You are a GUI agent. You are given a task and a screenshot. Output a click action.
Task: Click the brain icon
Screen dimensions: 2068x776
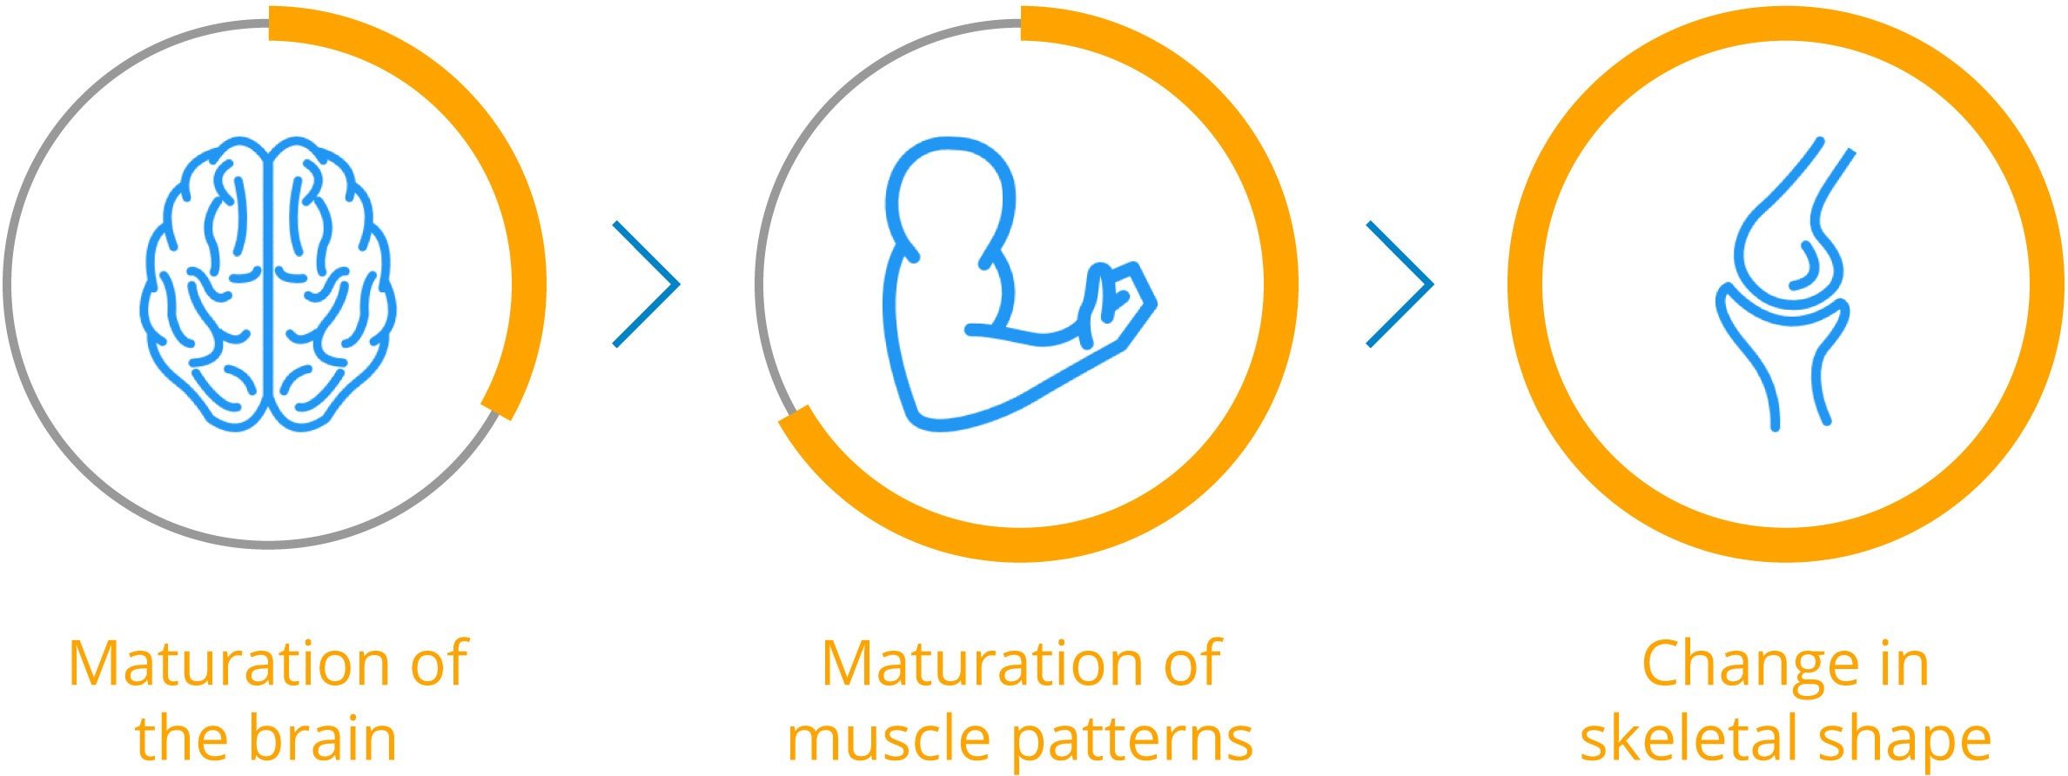tap(268, 284)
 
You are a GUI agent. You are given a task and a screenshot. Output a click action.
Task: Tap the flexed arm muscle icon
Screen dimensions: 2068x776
tap(1018, 284)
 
